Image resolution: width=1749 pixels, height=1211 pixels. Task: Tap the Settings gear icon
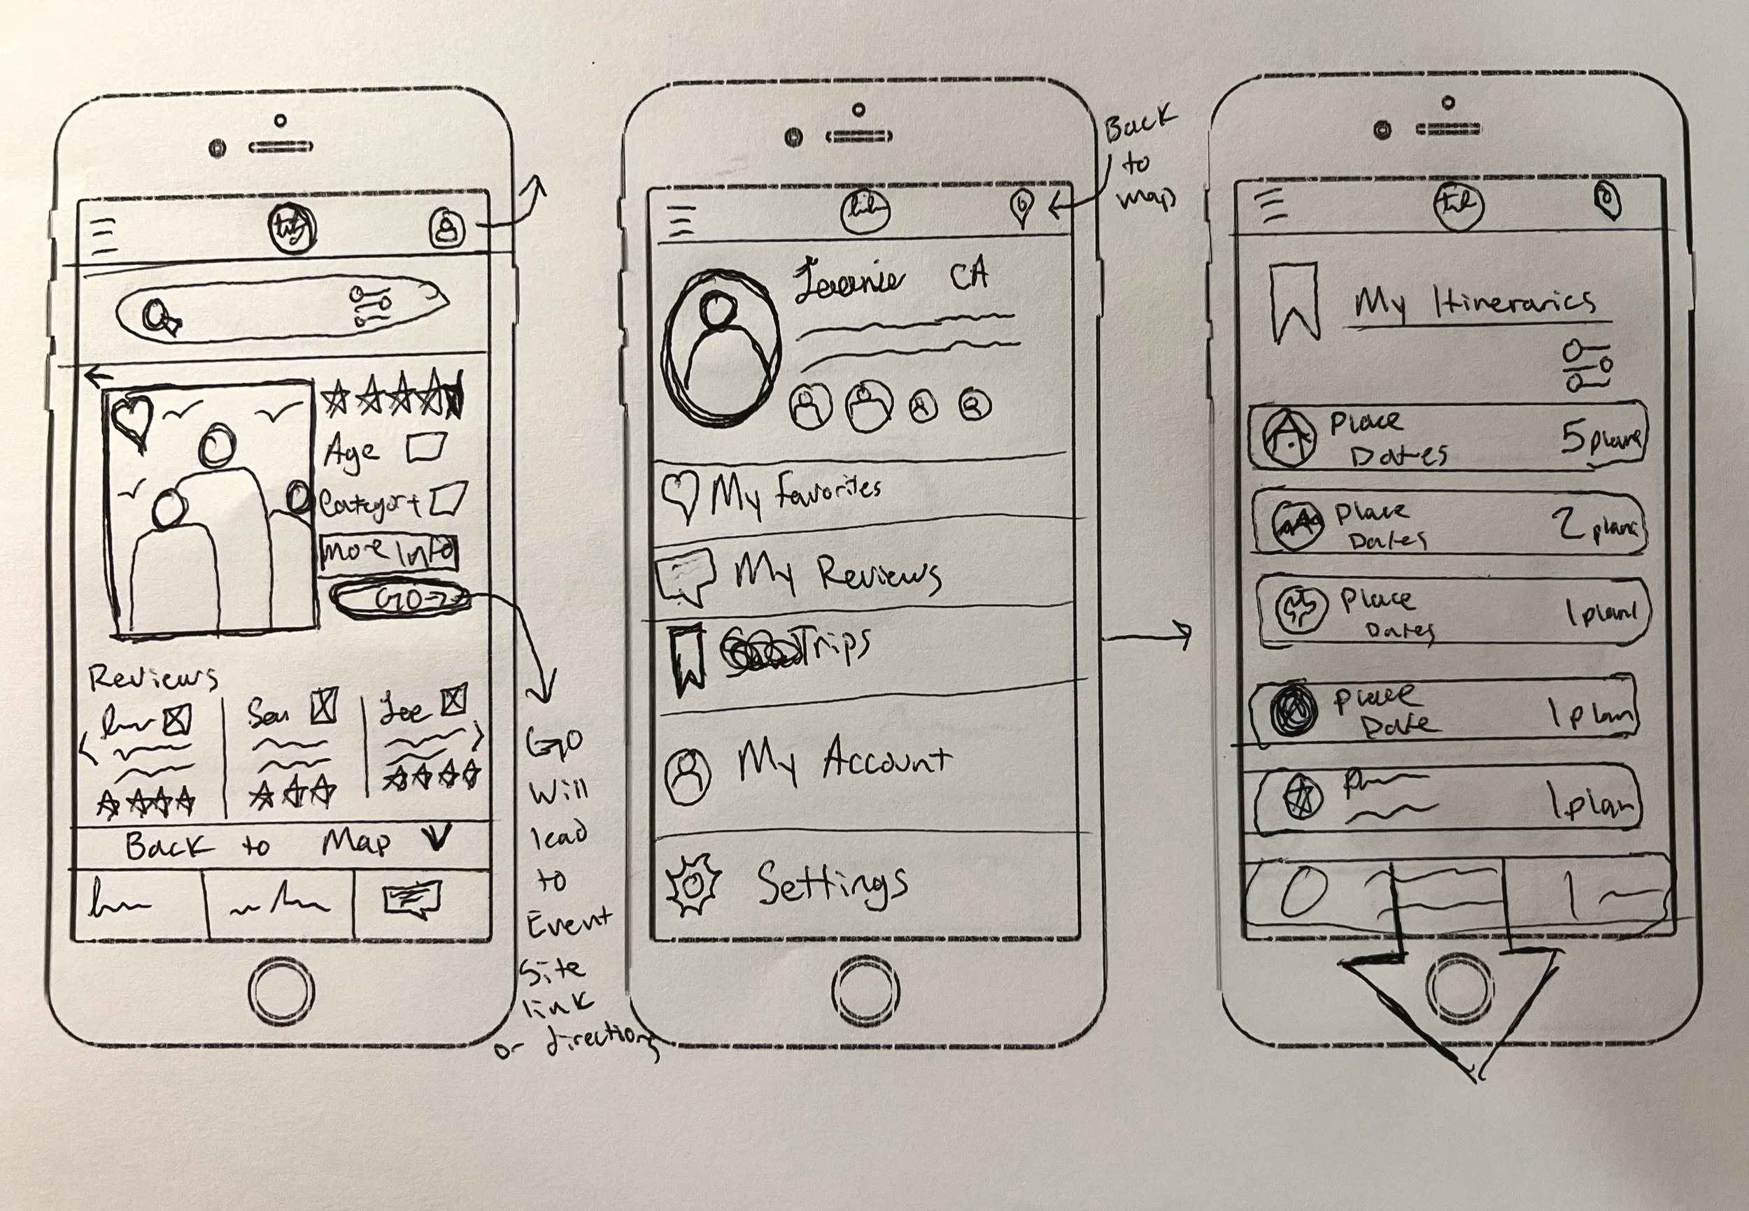[x=693, y=884]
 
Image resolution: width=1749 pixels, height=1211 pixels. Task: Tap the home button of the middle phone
[x=865, y=989]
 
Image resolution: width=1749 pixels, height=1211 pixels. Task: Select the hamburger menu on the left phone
[x=104, y=235]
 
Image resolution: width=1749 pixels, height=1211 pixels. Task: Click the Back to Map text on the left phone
[x=258, y=845]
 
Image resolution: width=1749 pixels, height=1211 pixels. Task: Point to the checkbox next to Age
[x=426, y=447]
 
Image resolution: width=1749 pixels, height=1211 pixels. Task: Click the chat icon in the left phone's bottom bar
[x=412, y=900]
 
